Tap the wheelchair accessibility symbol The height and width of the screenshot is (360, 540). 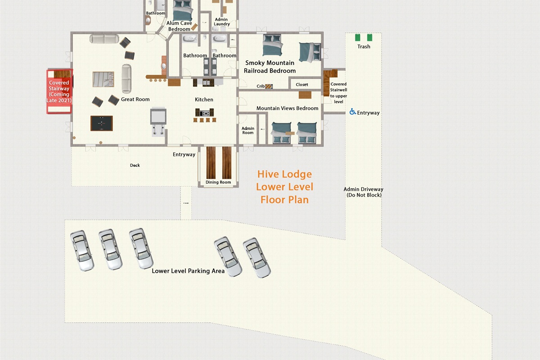353,112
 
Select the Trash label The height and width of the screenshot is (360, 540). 364,46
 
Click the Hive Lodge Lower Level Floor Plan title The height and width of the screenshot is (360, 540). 284,187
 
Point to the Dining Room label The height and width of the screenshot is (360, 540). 218,182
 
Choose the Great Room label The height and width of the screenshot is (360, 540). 135,99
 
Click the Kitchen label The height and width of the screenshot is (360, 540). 204,99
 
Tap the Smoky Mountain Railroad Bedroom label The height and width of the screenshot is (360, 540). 270,67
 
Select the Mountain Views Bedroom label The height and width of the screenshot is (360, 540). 287,108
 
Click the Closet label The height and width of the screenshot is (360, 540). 302,85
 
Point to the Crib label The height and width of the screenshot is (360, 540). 261,86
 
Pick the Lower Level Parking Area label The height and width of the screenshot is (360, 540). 188,271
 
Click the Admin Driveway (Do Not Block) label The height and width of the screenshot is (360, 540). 364,192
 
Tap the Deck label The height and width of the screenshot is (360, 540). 135,165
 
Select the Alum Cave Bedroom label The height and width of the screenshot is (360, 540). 179,26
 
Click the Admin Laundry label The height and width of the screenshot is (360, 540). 221,22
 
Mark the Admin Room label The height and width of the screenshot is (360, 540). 248,130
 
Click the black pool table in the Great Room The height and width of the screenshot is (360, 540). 102,123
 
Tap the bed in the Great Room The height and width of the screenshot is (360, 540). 103,79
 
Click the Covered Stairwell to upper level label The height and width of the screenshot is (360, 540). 338,93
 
